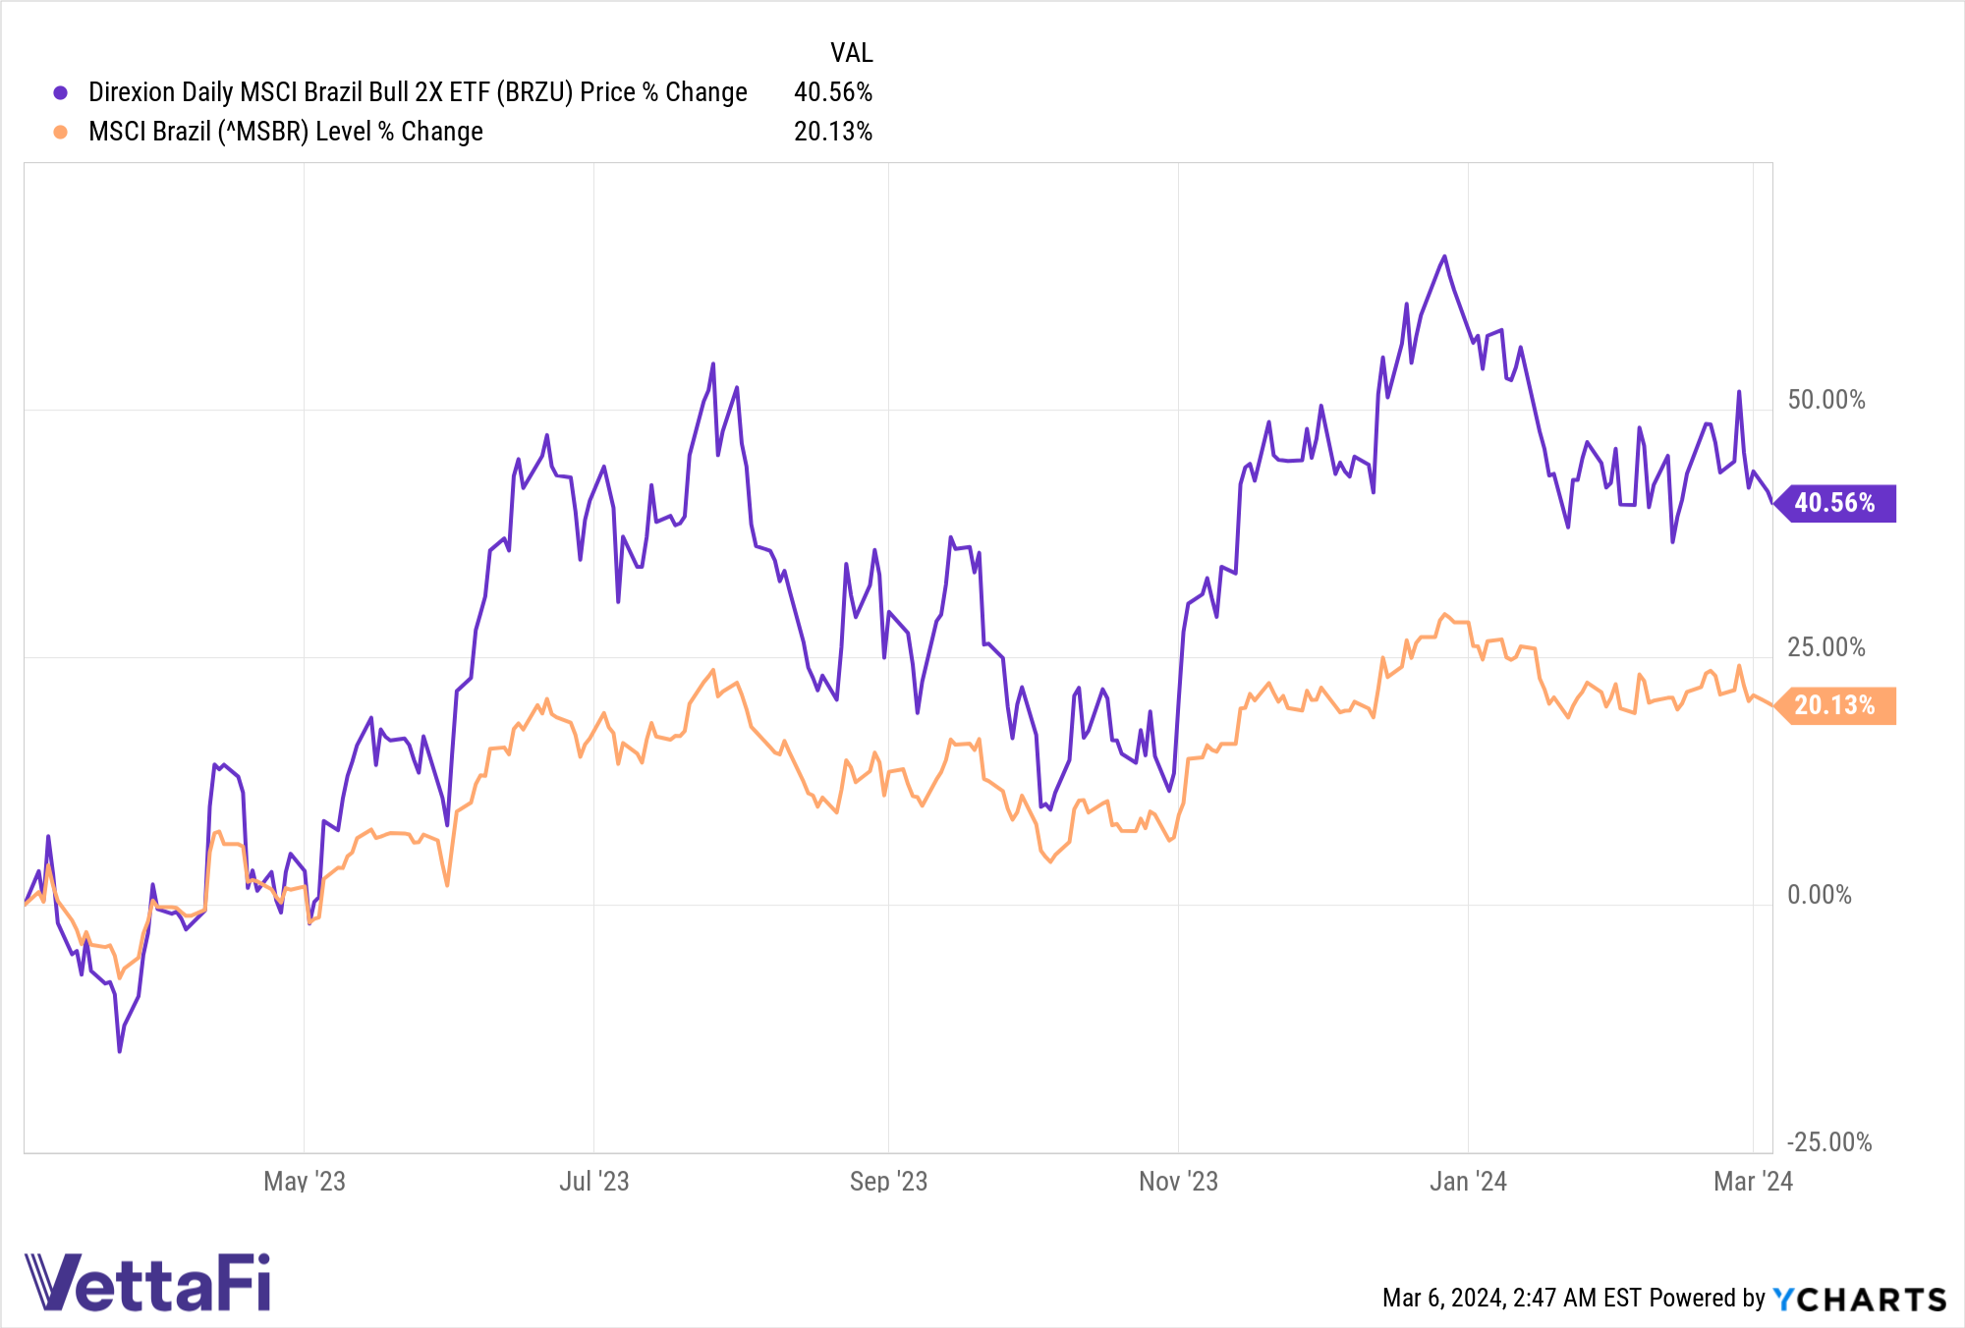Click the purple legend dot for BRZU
coord(61,92)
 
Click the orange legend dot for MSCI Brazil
coord(61,132)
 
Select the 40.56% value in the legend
coord(832,92)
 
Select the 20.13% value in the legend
coord(832,132)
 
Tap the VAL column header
coord(851,53)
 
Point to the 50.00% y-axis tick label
coord(1825,400)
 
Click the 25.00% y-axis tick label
coord(1825,647)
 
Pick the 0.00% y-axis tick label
coord(1819,895)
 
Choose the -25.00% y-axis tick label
coord(1828,1142)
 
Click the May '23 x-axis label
coord(305,1181)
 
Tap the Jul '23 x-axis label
coord(593,1181)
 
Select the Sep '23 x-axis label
coord(888,1181)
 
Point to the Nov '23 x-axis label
coord(1178,1181)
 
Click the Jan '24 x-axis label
coord(1468,1181)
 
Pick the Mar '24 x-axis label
coord(1753,1181)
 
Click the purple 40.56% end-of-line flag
coord(1835,503)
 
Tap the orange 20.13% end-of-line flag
coord(1835,705)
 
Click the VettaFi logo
coord(147,1282)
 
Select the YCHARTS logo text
coord(1860,1299)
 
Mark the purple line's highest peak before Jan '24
coord(1444,256)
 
